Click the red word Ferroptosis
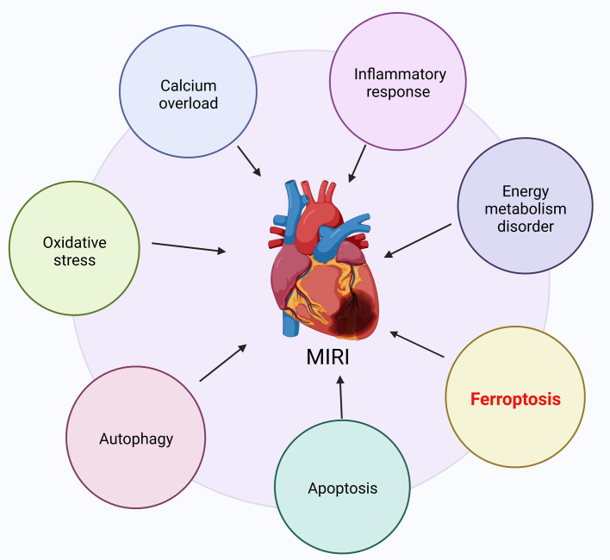[x=515, y=399]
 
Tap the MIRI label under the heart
[x=327, y=357]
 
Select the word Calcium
[x=189, y=85]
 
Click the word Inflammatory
[x=400, y=74]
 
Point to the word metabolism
[x=526, y=208]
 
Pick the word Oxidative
[x=75, y=243]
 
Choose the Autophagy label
[x=136, y=439]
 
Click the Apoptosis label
[x=343, y=488]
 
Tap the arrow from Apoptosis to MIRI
[x=341, y=397]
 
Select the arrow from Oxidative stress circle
[x=189, y=248]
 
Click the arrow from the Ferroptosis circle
[x=417, y=344]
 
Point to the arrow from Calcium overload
[x=249, y=161]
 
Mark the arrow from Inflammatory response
[x=358, y=164]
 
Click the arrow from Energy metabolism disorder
[x=418, y=240]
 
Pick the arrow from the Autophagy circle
[x=223, y=363]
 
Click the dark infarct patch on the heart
[x=355, y=311]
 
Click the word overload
[x=189, y=103]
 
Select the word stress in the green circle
[x=74, y=260]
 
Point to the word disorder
[x=526, y=227]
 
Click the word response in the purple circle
[x=398, y=92]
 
